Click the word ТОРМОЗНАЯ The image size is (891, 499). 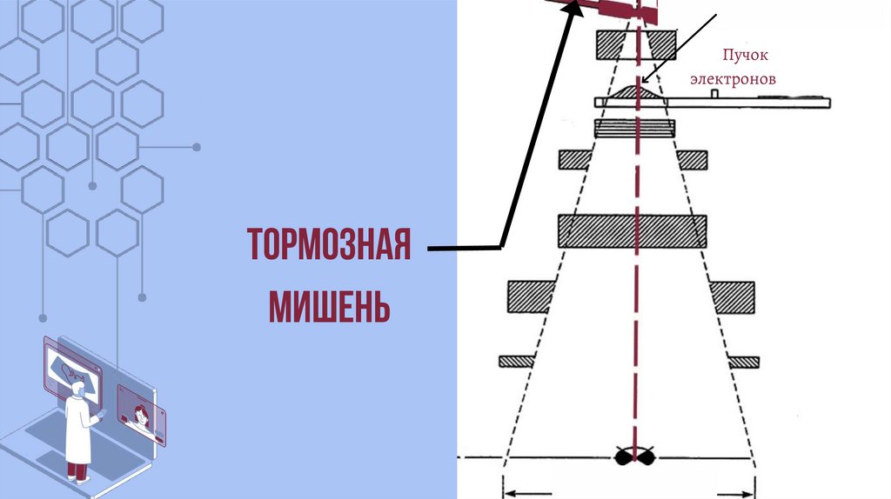click(329, 247)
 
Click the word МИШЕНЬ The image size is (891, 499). click(329, 306)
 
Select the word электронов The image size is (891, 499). click(733, 79)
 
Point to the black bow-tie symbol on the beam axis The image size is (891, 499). click(635, 457)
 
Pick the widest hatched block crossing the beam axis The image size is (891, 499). click(632, 230)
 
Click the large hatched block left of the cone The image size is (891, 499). click(532, 296)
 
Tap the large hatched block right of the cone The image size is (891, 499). click(733, 296)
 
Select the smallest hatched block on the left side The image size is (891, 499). click(515, 361)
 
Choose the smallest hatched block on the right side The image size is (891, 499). click(744, 361)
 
